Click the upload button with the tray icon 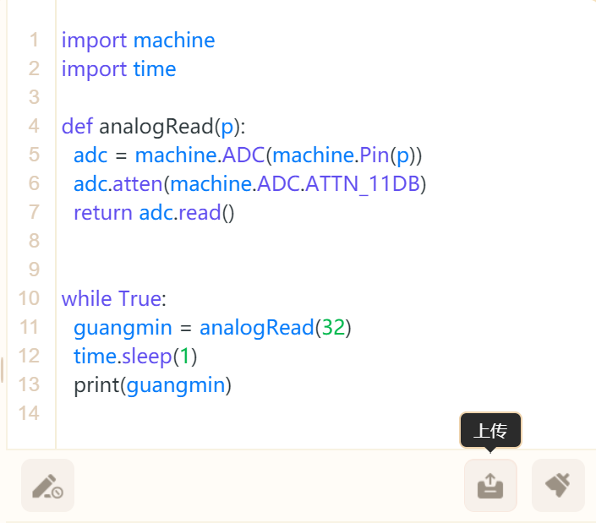click(490, 485)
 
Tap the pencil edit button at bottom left click(47, 485)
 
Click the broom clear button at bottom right click(558, 485)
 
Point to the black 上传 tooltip click(490, 431)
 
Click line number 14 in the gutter click(28, 413)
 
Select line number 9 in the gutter click(34, 270)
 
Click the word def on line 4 click(78, 127)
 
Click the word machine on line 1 click(174, 40)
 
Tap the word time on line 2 click(155, 69)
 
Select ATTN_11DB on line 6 click(369, 183)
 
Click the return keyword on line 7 click(103, 212)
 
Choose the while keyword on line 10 click(86, 298)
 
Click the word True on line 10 click(140, 298)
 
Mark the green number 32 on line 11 click(332, 327)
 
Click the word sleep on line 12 click(146, 356)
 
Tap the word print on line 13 click(96, 385)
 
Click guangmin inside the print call click(175, 385)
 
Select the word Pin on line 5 click(374, 155)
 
